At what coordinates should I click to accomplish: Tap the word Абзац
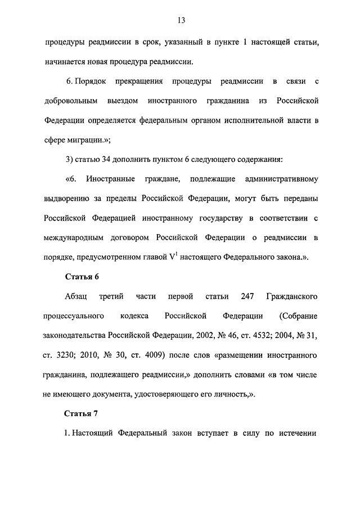point(76,296)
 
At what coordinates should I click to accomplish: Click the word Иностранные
point(110,179)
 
